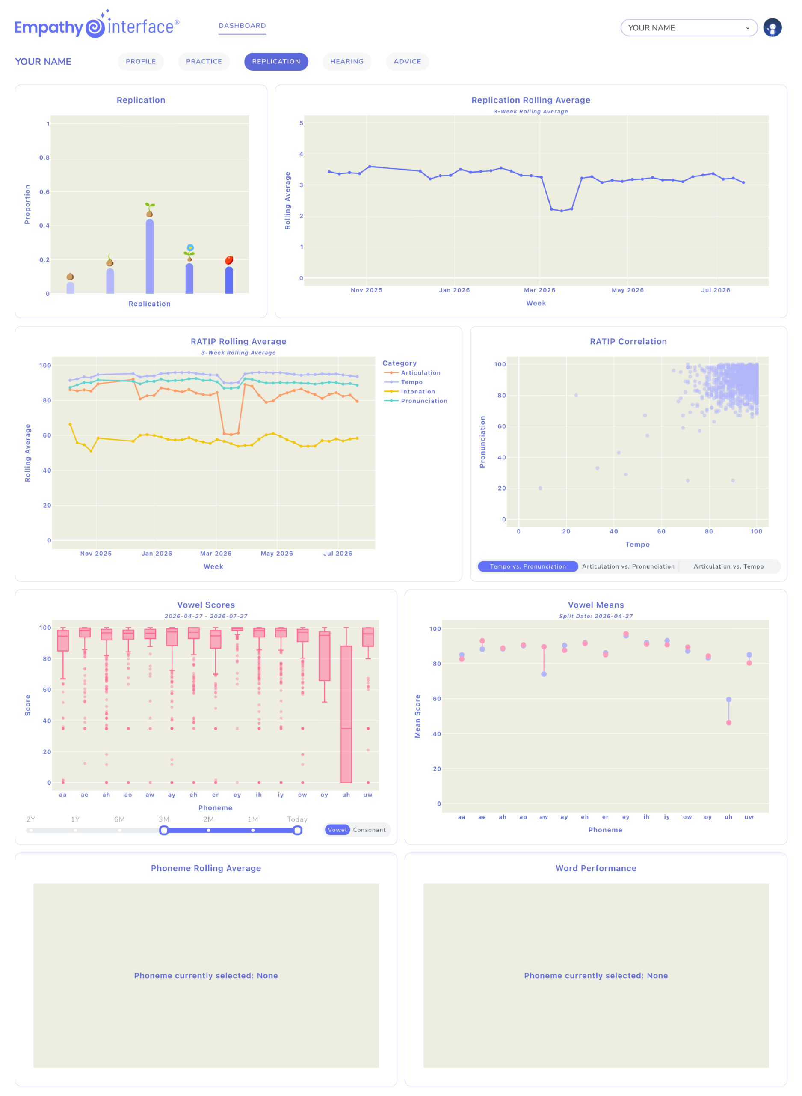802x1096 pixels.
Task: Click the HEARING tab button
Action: click(346, 61)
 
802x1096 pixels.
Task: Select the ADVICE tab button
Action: click(407, 61)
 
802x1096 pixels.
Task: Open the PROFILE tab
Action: click(141, 61)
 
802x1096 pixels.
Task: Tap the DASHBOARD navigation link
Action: click(242, 26)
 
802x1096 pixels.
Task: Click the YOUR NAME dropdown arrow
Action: click(748, 28)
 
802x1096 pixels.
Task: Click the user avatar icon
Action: click(772, 28)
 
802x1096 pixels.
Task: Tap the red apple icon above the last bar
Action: click(229, 260)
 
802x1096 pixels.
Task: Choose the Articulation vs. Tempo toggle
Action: click(728, 566)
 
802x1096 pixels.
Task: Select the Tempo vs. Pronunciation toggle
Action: click(528, 566)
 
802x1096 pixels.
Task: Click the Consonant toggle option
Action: click(370, 830)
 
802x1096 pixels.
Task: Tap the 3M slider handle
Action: click(164, 830)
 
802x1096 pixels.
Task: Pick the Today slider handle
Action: click(298, 830)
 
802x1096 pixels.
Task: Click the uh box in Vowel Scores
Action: click(346, 714)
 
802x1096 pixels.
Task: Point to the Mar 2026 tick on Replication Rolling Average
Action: click(539, 290)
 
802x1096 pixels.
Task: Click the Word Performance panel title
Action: click(596, 868)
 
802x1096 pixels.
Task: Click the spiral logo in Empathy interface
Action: click(95, 27)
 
